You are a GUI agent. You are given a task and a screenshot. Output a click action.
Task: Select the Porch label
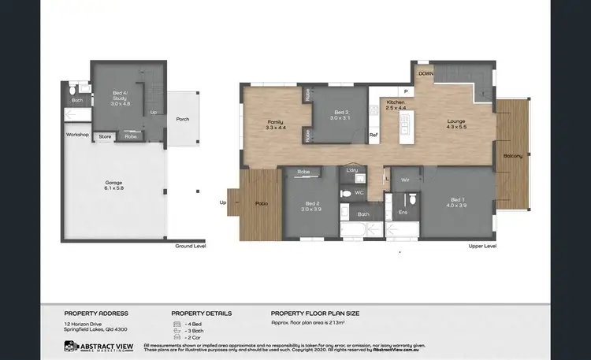tap(182, 119)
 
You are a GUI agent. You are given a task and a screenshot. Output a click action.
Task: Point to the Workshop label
tap(77, 135)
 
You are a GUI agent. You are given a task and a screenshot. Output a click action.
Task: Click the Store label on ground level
tap(105, 137)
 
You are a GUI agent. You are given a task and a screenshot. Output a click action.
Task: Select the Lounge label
tap(456, 121)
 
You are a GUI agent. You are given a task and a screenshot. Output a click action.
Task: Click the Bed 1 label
tap(459, 201)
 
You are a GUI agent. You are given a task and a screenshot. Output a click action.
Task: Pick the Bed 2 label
tap(313, 206)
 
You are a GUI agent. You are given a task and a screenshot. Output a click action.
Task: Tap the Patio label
tap(262, 204)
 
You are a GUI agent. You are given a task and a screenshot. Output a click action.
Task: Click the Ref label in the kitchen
tap(374, 135)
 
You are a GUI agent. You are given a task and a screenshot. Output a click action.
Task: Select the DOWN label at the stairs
tap(426, 72)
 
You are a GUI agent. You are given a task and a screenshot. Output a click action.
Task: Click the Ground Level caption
tap(191, 247)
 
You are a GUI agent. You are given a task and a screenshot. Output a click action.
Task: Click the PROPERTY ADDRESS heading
tap(96, 313)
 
